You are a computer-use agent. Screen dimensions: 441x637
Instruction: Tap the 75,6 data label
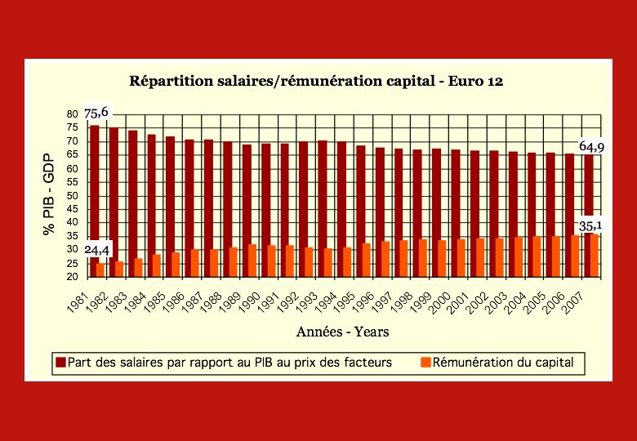96,113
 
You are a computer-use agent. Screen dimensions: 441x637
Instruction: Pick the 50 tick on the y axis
72,196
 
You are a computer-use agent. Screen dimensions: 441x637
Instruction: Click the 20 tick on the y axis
72,277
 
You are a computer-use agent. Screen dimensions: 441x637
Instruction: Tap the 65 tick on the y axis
72,155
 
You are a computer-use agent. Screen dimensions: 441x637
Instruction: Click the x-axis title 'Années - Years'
342,332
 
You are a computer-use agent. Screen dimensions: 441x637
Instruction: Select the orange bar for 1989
252,261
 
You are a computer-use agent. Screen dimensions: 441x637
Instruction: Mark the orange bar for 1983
138,267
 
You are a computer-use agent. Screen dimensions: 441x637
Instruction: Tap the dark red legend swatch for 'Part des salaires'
60,362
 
